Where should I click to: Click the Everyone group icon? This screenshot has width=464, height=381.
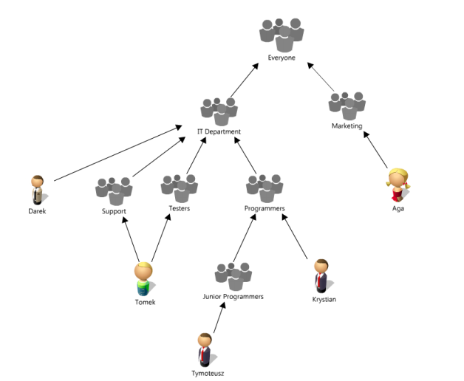[x=282, y=34]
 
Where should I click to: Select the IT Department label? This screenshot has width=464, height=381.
[x=219, y=131]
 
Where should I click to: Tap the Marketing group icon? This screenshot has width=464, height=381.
[x=347, y=106]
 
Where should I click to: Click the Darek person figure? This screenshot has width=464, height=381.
[x=37, y=189]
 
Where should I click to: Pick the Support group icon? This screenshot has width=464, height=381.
[x=114, y=190]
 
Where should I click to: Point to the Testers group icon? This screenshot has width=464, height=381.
[x=179, y=188]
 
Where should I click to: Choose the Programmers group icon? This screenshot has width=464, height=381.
[x=264, y=188]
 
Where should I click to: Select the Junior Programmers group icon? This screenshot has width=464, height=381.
[x=233, y=275]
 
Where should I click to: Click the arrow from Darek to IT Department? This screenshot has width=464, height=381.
[x=118, y=153]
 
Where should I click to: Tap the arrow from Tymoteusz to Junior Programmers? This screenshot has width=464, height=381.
[x=215, y=319]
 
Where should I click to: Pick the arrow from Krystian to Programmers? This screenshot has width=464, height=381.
[x=294, y=238]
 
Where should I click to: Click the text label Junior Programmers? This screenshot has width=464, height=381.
[x=233, y=296]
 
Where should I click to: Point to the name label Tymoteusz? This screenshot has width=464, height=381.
[x=208, y=373]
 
